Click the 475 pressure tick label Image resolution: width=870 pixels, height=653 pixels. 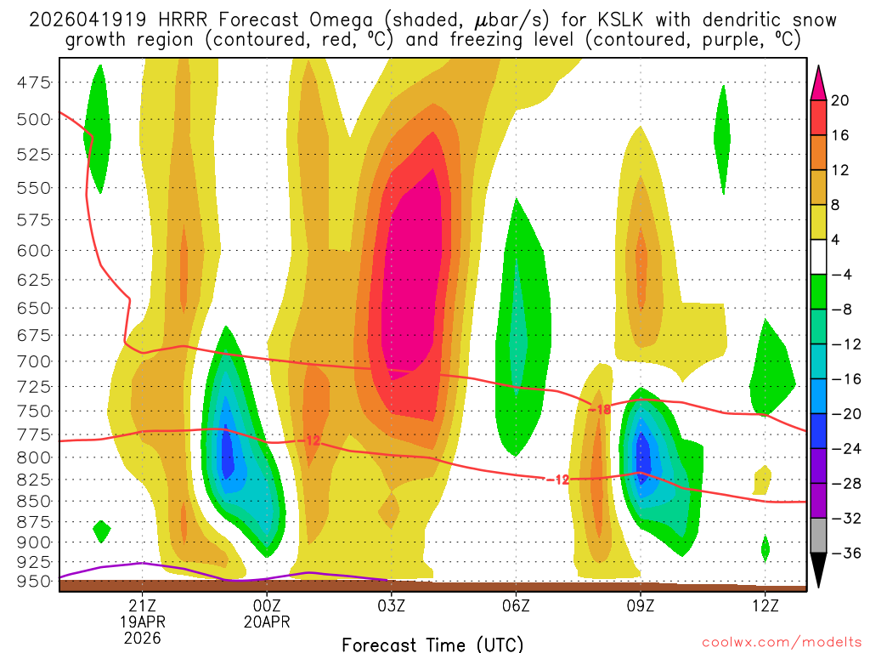coord(35,82)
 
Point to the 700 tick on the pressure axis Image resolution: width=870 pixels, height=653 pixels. coord(35,361)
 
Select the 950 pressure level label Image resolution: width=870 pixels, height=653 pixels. coord(35,582)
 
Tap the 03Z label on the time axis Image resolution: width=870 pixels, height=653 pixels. coord(391,605)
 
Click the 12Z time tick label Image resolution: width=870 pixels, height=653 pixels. coord(765,605)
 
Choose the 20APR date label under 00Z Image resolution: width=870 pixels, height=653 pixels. coord(267,622)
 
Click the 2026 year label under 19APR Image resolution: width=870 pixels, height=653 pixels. coord(142,637)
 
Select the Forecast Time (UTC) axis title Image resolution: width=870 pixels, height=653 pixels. coord(432,644)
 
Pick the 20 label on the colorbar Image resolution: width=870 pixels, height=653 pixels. coord(840,101)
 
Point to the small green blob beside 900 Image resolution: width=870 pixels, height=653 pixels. coord(102,531)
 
